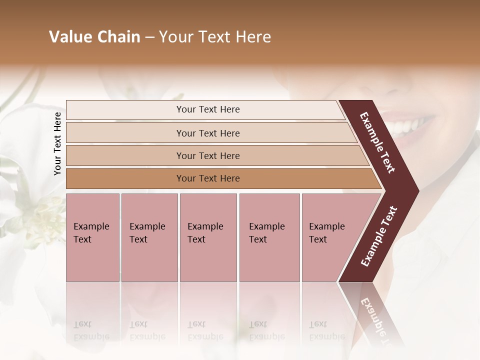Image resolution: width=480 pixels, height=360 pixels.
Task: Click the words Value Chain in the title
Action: [94, 37]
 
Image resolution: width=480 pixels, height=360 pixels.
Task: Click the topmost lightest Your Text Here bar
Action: [207, 109]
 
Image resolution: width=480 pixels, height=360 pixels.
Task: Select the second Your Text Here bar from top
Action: [207, 133]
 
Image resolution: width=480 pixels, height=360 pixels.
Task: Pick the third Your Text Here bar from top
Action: [207, 155]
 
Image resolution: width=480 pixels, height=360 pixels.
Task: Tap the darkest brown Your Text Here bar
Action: [207, 178]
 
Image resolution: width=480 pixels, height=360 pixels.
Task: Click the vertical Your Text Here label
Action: [57, 143]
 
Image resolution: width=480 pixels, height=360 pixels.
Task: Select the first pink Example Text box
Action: [92, 237]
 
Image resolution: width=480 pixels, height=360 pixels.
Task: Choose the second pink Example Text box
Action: [149, 237]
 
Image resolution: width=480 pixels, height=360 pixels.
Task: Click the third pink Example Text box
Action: [208, 237]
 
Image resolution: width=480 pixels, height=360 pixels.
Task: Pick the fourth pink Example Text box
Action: [269, 237]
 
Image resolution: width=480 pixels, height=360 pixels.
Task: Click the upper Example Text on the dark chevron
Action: [377, 142]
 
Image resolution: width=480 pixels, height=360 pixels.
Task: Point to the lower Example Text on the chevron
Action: [379, 236]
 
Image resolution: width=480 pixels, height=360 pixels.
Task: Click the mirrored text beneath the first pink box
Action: [91, 330]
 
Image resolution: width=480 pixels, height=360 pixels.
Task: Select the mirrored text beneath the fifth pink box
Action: [327, 330]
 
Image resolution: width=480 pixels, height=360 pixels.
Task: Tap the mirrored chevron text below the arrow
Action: [378, 320]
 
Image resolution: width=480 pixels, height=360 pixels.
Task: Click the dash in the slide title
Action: [149, 37]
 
